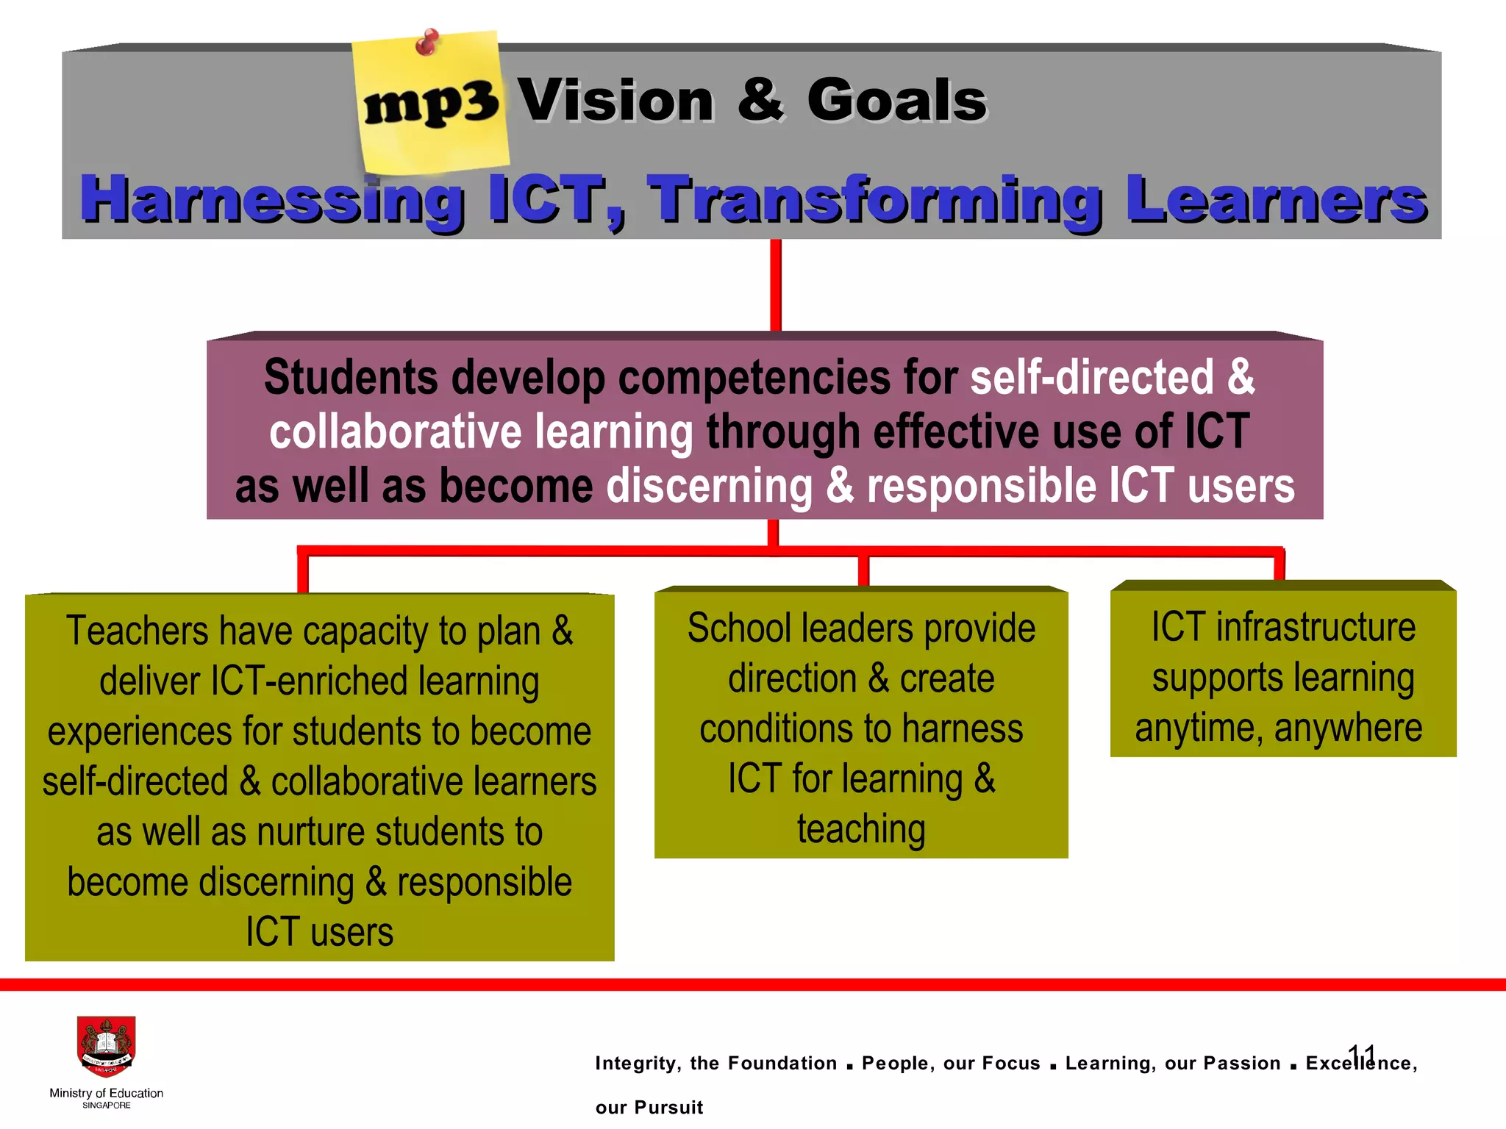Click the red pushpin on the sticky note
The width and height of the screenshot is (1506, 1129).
427,41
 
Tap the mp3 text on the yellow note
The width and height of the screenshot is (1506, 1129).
432,104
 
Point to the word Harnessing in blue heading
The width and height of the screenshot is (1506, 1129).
271,199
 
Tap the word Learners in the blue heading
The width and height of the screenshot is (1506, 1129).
1276,199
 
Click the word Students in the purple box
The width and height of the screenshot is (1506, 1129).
351,378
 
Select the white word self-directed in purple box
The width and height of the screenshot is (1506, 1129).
1091,378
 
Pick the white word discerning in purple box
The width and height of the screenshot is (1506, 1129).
709,486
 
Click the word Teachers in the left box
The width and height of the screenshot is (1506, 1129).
138,631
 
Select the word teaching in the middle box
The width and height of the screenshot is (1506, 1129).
861,829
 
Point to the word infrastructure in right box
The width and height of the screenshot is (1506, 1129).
1316,627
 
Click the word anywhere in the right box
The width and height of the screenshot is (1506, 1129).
1348,728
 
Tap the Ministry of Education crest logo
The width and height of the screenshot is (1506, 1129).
107,1047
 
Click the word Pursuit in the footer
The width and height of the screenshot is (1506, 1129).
668,1108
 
